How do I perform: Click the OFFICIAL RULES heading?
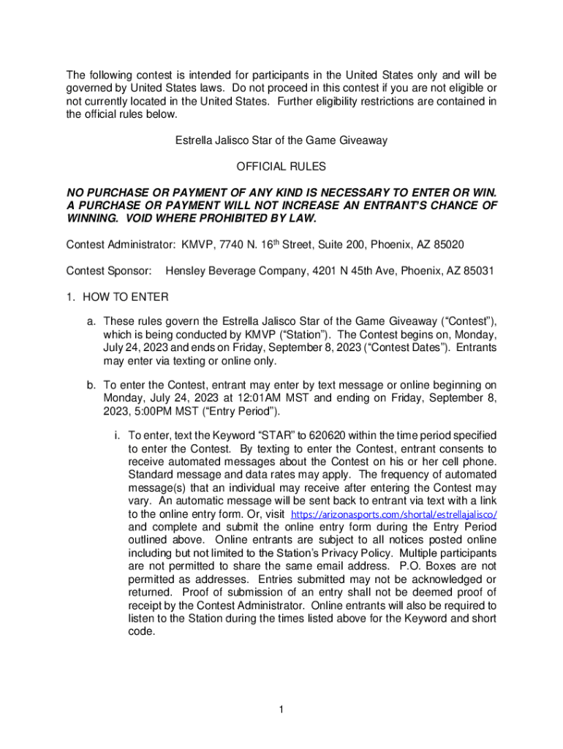tap(281, 168)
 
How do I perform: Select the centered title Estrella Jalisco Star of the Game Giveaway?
tap(281, 140)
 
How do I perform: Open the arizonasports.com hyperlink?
tap(396, 514)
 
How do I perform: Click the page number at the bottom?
tap(281, 709)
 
